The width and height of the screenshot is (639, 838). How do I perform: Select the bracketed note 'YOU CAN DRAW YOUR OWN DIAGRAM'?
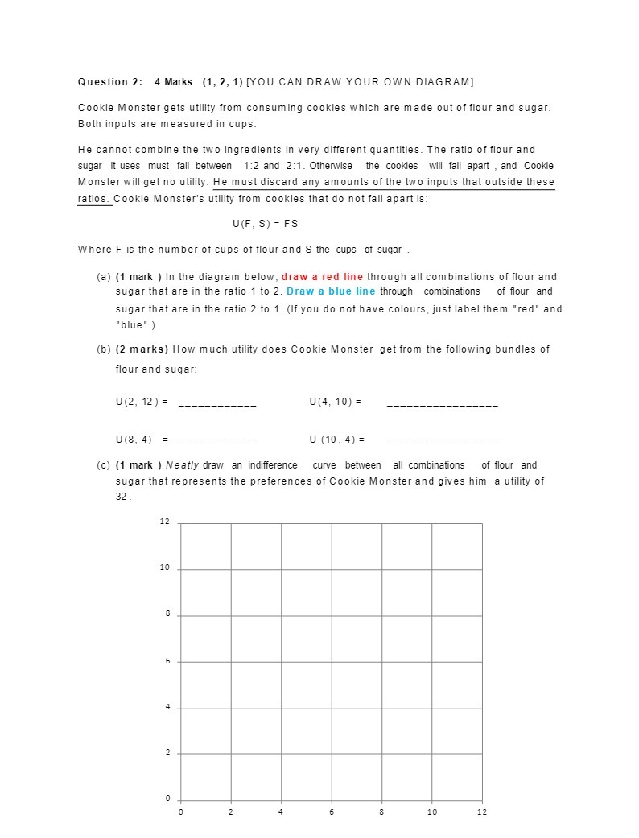click(360, 82)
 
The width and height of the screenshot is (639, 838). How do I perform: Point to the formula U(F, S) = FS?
click(264, 223)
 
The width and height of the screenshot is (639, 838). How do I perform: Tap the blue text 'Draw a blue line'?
click(331, 291)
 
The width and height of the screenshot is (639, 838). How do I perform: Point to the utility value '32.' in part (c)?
click(123, 497)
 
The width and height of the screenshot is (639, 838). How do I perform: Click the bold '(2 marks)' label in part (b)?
click(142, 349)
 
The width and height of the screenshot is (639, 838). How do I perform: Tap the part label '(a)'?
click(104, 277)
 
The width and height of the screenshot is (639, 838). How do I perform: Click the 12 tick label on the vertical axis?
click(164, 522)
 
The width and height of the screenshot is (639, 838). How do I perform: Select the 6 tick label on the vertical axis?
click(167, 661)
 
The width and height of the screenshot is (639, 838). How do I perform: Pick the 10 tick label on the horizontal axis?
click(432, 811)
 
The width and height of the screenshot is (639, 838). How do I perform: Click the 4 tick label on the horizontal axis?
click(281, 811)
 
